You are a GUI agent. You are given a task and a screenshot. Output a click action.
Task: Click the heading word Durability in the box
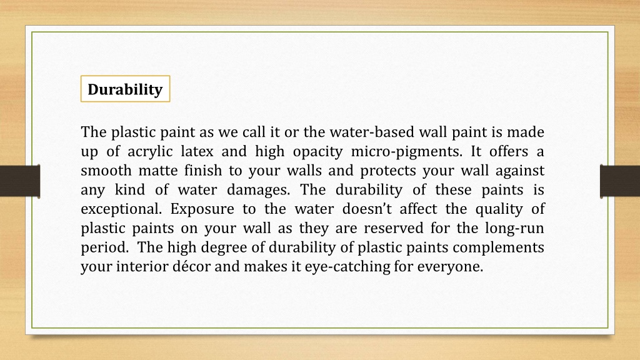tap(125, 89)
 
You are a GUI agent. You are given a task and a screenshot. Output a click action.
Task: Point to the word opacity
tap(318, 152)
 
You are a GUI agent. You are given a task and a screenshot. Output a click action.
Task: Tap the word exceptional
tap(121, 209)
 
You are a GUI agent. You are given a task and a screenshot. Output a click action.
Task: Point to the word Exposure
tap(201, 209)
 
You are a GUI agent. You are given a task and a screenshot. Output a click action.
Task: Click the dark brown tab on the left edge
tap(20, 181)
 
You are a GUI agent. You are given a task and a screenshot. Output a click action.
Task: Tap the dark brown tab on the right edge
tap(619, 181)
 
